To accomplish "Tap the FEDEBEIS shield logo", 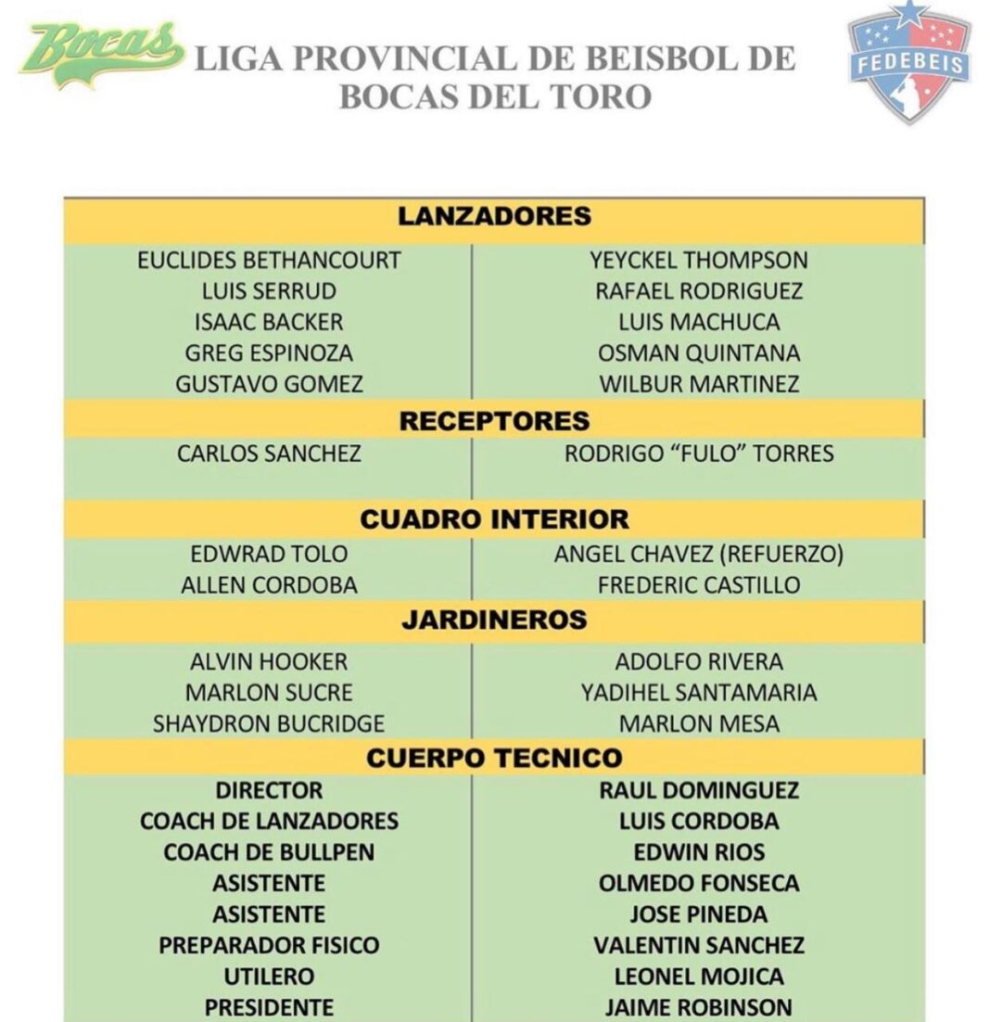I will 908,62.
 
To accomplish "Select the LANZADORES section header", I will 494,217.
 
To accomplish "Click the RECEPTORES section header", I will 494,421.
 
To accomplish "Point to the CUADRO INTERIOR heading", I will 494,519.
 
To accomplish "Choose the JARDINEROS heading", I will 494,620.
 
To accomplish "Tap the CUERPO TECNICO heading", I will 494,759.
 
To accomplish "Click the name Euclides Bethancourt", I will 269,261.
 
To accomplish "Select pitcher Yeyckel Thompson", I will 699,261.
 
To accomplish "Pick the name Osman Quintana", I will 699,353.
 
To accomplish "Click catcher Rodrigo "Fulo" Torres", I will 699,454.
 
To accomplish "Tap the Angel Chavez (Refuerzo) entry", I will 699,555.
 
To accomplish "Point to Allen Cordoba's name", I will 269,586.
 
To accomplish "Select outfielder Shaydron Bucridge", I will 269,724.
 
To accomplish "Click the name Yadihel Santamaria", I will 699,693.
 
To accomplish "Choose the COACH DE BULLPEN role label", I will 269,852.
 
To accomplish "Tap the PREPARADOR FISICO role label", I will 269,946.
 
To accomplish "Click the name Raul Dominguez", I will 699,791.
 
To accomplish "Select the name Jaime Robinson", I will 699,1007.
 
